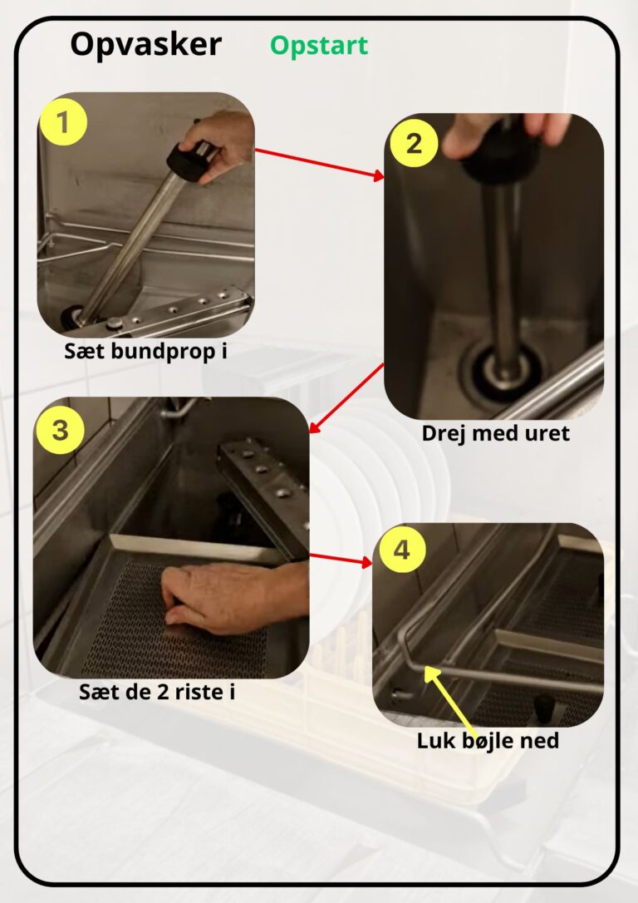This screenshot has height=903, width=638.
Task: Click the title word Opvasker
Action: tap(145, 45)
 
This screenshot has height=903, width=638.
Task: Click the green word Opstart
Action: tap(319, 46)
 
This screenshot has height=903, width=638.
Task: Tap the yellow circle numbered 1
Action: tap(62, 122)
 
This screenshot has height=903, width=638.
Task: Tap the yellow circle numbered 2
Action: tap(414, 143)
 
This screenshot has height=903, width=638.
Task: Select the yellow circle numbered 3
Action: tap(61, 430)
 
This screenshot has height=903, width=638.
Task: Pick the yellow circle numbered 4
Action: tap(401, 550)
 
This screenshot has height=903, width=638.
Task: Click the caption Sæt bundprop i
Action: tap(145, 351)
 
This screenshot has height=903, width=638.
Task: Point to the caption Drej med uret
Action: tap(495, 433)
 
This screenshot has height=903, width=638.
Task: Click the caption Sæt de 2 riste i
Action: tap(157, 692)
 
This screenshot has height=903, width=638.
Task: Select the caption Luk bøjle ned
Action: tap(488, 741)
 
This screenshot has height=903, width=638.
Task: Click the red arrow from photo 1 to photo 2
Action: tap(320, 165)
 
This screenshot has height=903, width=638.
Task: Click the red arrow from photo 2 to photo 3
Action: tap(346, 398)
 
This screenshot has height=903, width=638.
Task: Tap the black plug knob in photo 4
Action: tap(543, 709)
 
